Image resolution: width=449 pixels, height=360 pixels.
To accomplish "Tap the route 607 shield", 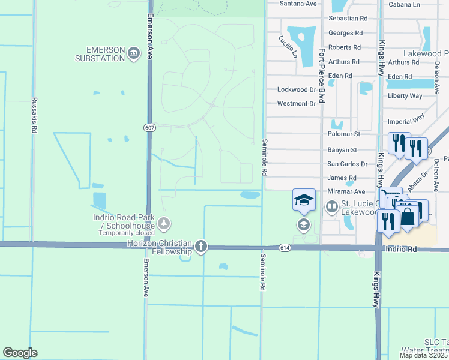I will click(149, 128).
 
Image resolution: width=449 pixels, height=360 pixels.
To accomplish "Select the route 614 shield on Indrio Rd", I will click(285, 247).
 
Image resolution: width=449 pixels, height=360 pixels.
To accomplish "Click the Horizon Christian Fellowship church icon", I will click(201, 246).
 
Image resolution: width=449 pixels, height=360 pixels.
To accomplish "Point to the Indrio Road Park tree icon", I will click(163, 224).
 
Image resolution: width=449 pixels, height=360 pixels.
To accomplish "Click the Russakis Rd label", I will click(34, 115).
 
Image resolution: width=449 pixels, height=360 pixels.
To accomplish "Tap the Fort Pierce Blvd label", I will click(322, 75).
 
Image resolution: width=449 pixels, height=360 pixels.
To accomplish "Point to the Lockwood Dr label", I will click(297, 89).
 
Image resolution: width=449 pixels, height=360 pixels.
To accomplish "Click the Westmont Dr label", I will click(297, 104).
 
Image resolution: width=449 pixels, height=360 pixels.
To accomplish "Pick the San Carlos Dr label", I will click(347, 164).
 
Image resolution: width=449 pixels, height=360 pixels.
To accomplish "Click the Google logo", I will click(20, 353).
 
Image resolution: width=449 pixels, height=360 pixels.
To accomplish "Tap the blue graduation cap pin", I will click(304, 200).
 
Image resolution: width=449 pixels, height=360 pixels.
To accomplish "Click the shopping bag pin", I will click(408, 216).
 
